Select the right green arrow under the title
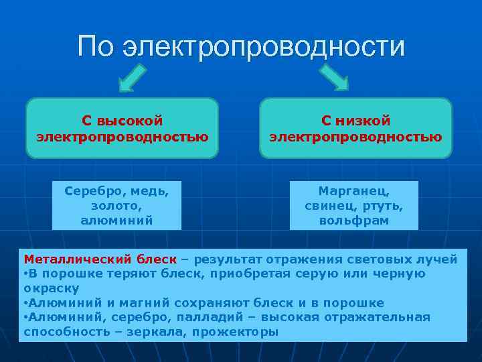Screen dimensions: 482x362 click(x=335, y=78)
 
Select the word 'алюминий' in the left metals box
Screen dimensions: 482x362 click(x=116, y=219)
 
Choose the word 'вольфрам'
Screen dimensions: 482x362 click(x=354, y=219)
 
